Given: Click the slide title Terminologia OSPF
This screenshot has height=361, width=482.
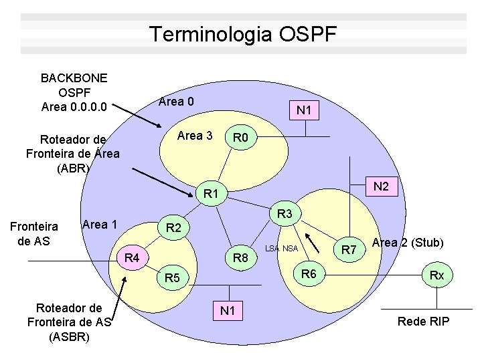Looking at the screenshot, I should [x=244, y=34].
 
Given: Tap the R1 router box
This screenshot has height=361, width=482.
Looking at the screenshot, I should [x=212, y=195].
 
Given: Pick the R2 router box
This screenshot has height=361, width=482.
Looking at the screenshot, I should [x=173, y=229].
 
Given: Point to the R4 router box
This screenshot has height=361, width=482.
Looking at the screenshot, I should [x=133, y=257].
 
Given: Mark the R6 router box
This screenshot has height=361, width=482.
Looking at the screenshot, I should [x=309, y=273].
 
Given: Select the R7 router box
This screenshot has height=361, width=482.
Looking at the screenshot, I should [x=348, y=250].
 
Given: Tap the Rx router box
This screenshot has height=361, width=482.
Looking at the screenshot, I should [x=436, y=275].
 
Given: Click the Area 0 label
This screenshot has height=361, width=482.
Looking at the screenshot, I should [x=176, y=102].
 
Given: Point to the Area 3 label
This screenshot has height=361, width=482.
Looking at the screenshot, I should [x=195, y=136].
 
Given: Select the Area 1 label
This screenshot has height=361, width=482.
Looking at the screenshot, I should [x=100, y=224].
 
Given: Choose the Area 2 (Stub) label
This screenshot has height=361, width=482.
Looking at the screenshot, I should [x=408, y=242].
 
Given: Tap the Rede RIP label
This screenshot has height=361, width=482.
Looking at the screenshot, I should [x=423, y=322].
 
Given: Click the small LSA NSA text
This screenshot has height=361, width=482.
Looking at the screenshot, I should [x=281, y=249].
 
